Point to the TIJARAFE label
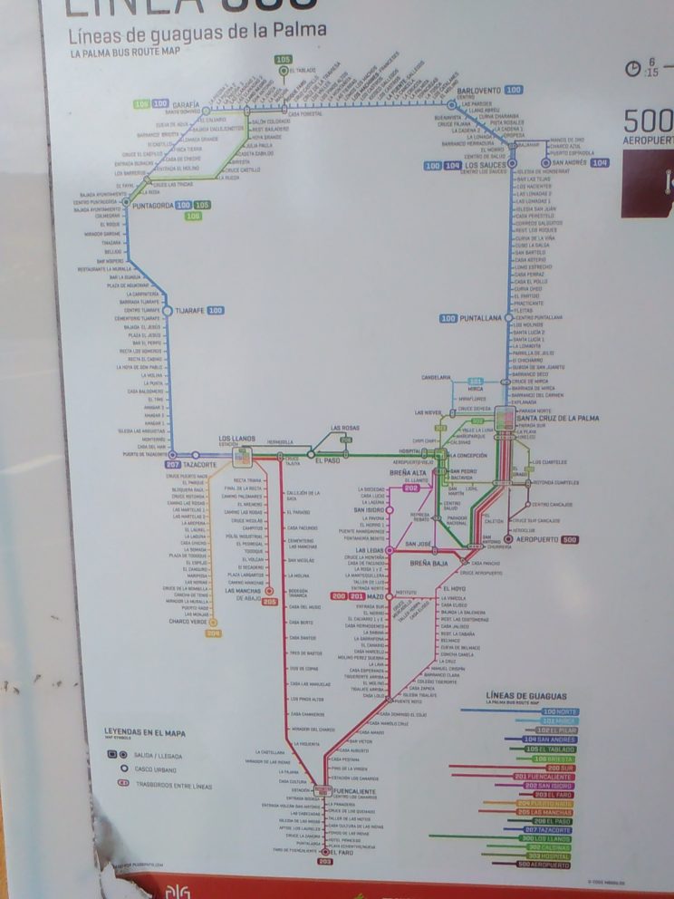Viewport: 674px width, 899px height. point(188,311)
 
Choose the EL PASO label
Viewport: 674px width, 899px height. point(327,461)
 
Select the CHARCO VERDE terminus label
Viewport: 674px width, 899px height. point(186,622)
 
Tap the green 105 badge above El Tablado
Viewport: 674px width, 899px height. point(284,60)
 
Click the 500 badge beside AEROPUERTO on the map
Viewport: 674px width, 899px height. point(569,540)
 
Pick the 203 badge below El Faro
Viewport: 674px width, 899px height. point(325,862)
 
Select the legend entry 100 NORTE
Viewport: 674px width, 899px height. point(559,712)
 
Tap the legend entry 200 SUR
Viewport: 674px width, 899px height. point(560,768)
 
